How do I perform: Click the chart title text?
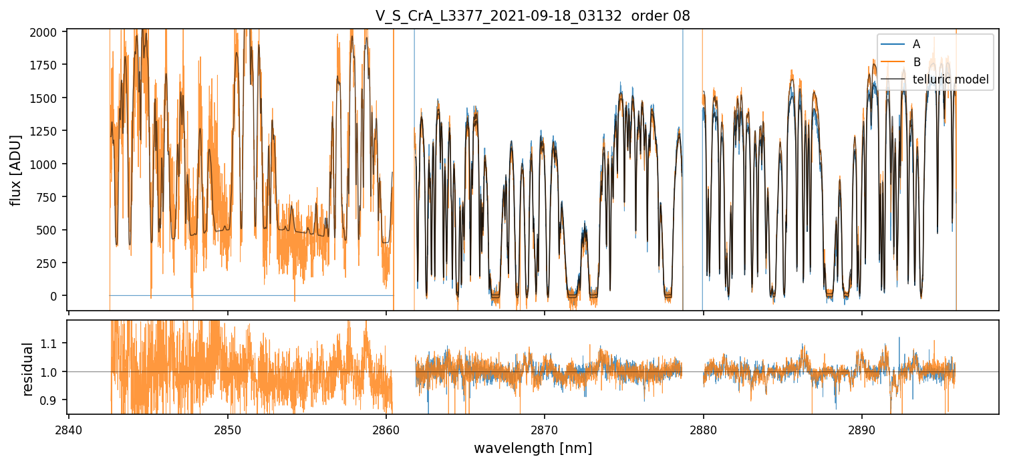[x=533, y=17]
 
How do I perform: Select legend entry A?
[x=916, y=44]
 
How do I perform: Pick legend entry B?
[x=916, y=62]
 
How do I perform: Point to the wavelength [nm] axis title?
[x=533, y=448]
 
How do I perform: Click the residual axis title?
[x=28, y=369]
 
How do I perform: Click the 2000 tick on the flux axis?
[x=50, y=33]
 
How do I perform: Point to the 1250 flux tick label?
[x=50, y=132]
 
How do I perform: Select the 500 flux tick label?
[x=53, y=230]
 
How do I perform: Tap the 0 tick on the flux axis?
[x=59, y=296]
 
